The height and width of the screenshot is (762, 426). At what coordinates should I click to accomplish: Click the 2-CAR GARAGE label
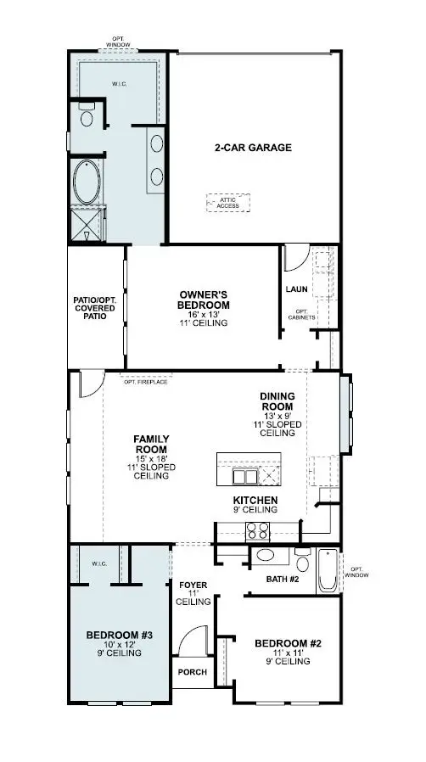[252, 148]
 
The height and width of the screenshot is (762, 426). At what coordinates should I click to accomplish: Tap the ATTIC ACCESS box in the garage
[227, 202]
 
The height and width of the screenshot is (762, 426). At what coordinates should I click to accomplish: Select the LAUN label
[296, 289]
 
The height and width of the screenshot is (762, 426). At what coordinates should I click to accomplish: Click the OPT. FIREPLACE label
[145, 382]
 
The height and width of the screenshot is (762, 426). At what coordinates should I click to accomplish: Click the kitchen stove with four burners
[257, 532]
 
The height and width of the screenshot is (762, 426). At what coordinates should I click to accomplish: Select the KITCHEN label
[255, 500]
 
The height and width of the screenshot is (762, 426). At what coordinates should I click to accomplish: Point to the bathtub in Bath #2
[327, 571]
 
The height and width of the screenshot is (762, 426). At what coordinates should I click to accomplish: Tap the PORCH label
[188, 671]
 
